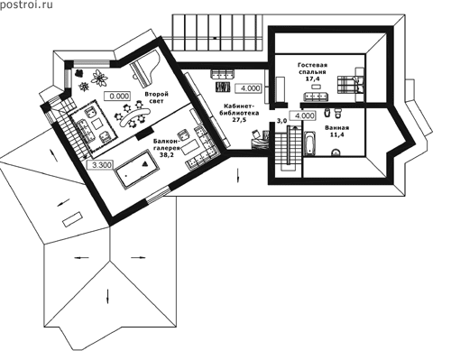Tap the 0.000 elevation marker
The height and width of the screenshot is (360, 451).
pyautogui.click(x=117, y=97)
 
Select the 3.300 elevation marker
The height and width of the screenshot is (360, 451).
pyautogui.click(x=99, y=165)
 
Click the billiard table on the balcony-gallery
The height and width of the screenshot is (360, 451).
pyautogui.click(x=137, y=170)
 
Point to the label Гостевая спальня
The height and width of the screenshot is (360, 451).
pyautogui.click(x=312, y=69)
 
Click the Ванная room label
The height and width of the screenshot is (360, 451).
pyautogui.click(x=336, y=127)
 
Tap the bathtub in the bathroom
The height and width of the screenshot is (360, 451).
pyautogui.click(x=309, y=143)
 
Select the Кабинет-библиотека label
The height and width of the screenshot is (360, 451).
pyautogui.click(x=241, y=109)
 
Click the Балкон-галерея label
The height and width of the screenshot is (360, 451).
pyautogui.click(x=166, y=144)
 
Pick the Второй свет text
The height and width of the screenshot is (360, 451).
pyautogui.click(x=156, y=97)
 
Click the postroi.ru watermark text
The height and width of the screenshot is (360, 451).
pyautogui.click(x=26, y=5)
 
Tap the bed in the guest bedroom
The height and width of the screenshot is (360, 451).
pyautogui.click(x=350, y=84)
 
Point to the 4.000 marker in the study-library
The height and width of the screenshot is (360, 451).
pyautogui.click(x=248, y=88)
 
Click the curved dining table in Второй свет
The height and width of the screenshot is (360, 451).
pyautogui.click(x=134, y=116)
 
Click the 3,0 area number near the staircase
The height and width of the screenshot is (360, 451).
pyautogui.click(x=281, y=121)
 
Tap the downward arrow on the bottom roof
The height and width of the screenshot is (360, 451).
pyautogui.click(x=107, y=295)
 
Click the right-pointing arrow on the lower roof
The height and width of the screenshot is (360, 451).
pyautogui.click(x=138, y=257)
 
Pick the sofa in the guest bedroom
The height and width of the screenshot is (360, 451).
pyautogui.click(x=316, y=97)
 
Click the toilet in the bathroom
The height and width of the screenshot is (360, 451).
pyautogui.click(x=338, y=113)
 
